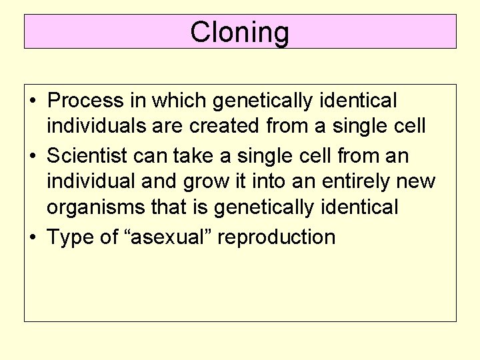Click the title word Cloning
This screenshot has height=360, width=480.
239,32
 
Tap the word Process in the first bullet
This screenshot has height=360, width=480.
86,101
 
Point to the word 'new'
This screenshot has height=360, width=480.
421,181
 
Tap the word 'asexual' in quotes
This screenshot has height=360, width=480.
167,236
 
